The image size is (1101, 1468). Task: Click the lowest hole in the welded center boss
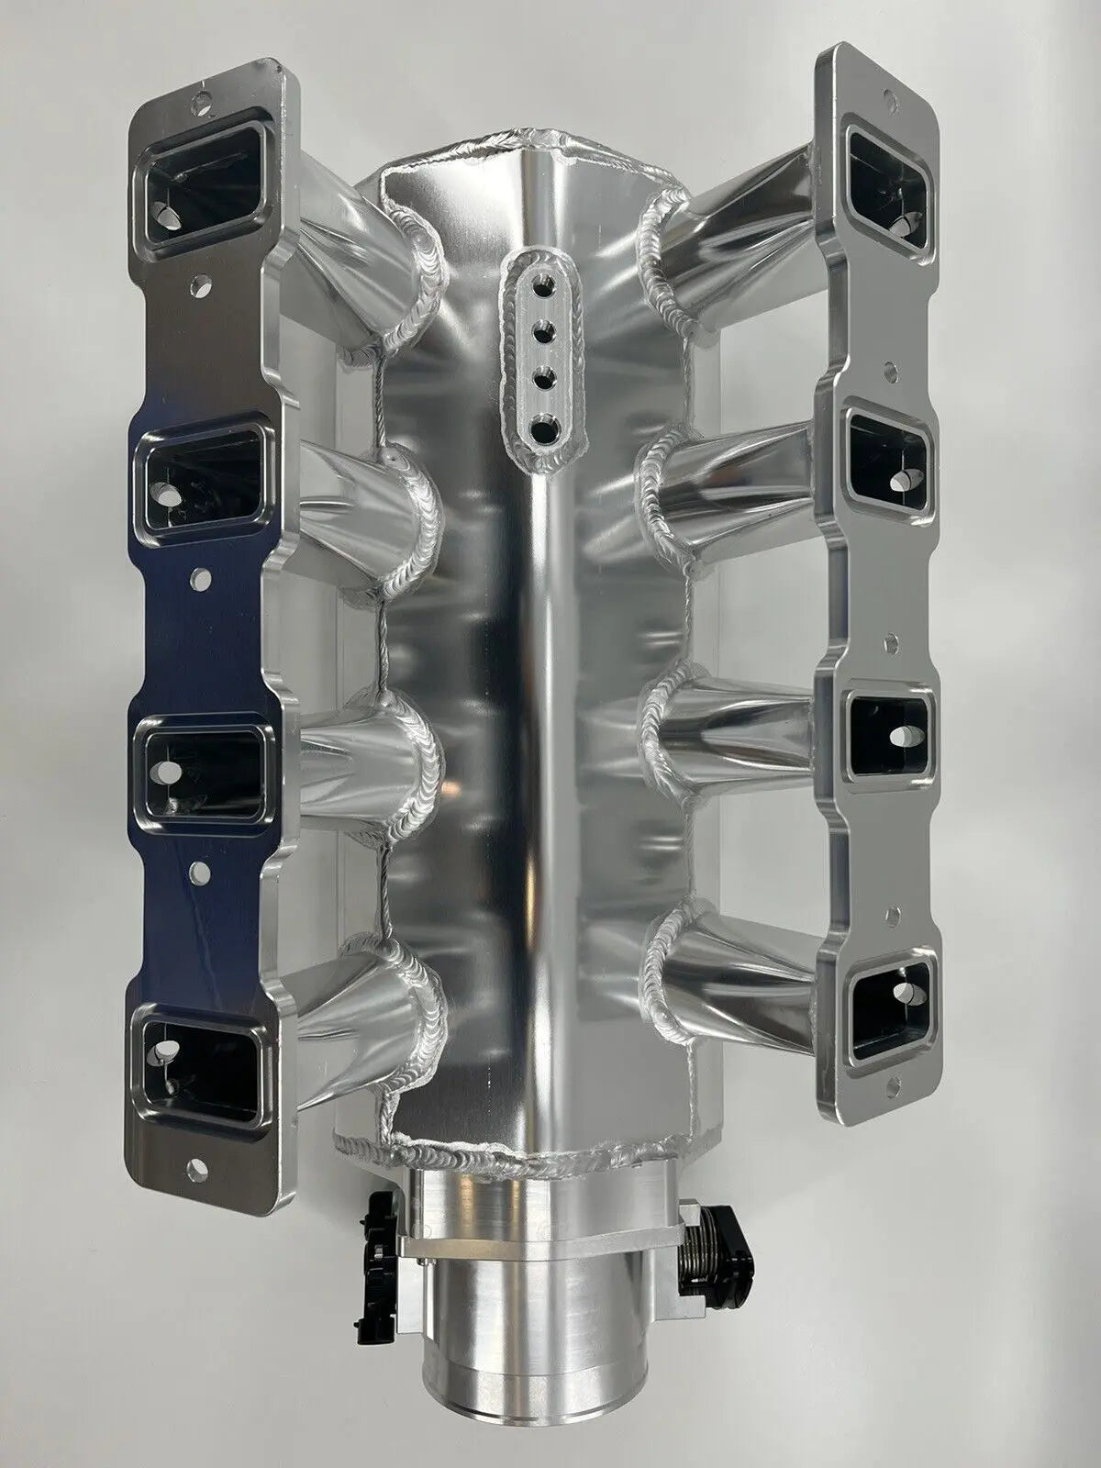(x=547, y=427)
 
